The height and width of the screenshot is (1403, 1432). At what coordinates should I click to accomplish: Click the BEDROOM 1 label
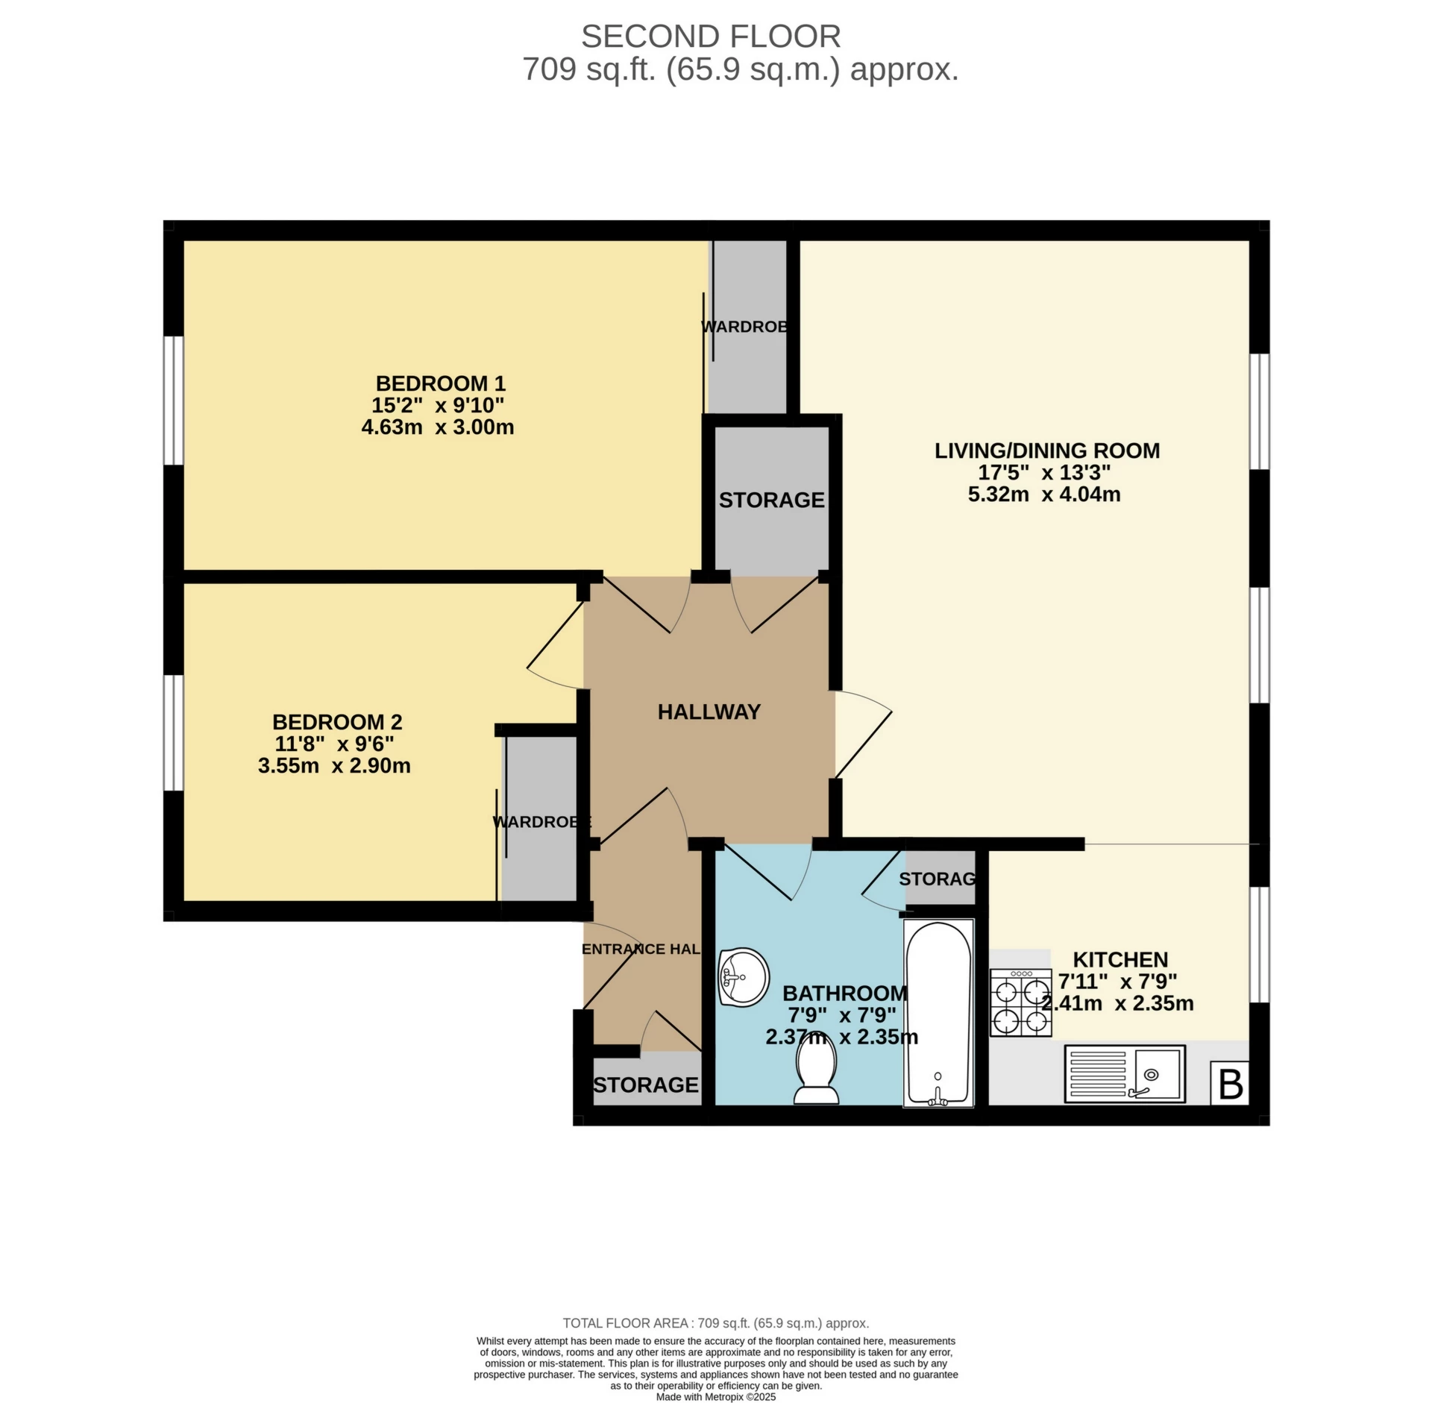tap(440, 383)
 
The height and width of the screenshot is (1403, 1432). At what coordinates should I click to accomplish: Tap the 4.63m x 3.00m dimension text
tap(437, 427)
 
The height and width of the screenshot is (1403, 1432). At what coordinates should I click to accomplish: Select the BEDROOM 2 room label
tap(337, 722)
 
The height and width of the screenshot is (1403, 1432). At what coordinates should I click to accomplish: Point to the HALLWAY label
tap(709, 712)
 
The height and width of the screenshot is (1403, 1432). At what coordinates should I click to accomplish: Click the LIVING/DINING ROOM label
tap(1047, 451)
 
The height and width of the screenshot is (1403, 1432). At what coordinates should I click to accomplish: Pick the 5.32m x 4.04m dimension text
tap(1044, 495)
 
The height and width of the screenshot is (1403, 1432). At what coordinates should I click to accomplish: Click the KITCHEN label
tap(1120, 959)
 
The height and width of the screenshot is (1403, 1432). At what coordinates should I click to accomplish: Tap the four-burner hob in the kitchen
tap(1020, 1002)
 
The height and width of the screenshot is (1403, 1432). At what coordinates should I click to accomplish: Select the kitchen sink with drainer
tap(1125, 1074)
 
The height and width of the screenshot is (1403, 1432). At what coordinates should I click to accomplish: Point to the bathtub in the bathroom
tap(938, 1013)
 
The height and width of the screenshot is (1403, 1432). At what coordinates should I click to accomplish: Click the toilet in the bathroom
tap(816, 1072)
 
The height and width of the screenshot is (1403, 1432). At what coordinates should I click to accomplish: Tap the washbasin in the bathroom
tap(743, 977)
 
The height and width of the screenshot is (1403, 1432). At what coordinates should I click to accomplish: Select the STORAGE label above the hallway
tap(771, 500)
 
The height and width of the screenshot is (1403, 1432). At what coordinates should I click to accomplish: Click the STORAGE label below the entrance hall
tap(646, 1085)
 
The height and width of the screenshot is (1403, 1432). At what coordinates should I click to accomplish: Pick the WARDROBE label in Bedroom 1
tap(746, 327)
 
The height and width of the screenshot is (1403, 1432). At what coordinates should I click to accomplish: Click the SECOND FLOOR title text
tap(710, 36)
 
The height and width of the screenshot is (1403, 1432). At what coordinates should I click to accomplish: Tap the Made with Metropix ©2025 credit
tap(715, 1397)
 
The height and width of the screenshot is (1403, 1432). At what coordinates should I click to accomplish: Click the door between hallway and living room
tap(862, 734)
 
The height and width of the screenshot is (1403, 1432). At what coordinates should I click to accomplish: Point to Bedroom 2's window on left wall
tap(174, 732)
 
